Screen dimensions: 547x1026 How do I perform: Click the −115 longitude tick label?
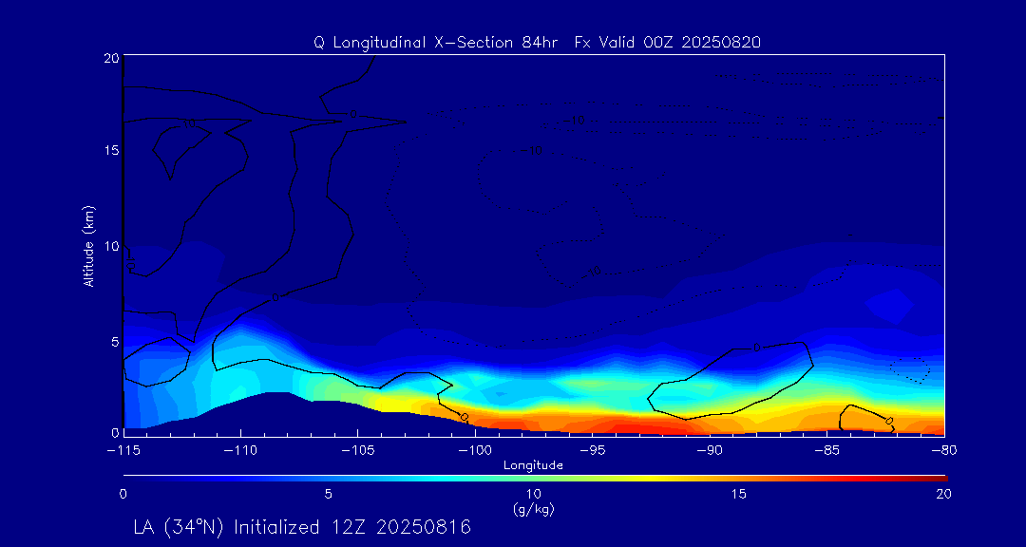(123, 448)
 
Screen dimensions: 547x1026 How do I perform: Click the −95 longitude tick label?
(592, 448)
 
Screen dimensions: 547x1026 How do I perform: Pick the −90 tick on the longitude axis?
(709, 448)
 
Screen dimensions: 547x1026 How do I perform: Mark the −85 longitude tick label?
(826, 448)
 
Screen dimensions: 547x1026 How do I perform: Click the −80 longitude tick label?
(943, 448)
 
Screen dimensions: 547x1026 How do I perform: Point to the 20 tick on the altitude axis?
(110, 58)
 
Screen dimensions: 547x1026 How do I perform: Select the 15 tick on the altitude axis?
(110, 152)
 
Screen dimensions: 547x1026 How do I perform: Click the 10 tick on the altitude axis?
(110, 246)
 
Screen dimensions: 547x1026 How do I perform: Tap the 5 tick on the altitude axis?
(113, 340)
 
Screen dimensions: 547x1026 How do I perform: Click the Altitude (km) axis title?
(89, 246)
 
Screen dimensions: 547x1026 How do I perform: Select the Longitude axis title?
(533, 465)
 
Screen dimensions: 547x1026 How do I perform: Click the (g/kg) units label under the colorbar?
(533, 509)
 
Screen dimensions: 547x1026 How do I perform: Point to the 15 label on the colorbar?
(738, 494)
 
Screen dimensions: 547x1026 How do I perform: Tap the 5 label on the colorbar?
(328, 494)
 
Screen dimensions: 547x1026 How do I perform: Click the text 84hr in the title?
(546, 42)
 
